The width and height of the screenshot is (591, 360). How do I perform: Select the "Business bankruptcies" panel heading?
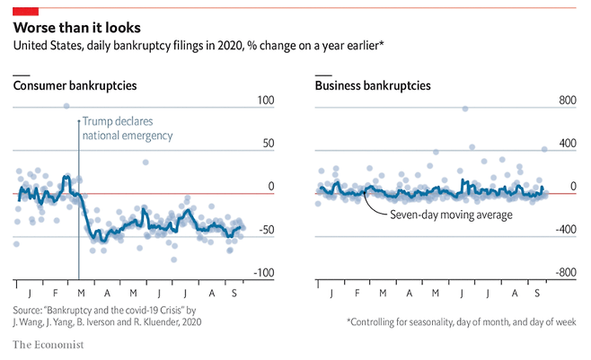(373, 86)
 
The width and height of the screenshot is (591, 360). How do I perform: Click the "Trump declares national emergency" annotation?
(126, 128)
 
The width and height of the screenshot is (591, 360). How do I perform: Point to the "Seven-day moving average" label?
(451, 215)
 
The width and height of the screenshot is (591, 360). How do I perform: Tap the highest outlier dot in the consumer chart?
(66, 106)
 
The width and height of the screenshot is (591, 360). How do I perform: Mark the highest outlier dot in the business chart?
(464, 109)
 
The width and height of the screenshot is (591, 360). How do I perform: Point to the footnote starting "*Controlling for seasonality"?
(461, 320)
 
